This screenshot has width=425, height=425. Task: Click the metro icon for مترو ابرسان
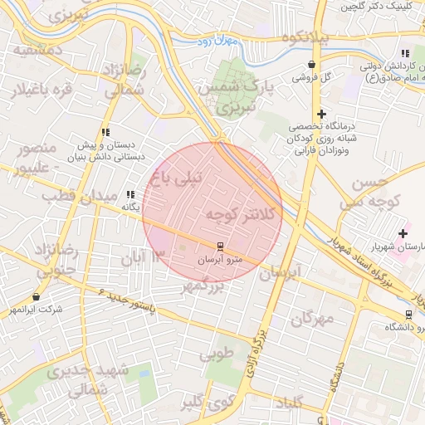click(220, 247)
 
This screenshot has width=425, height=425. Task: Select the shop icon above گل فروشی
click(311, 65)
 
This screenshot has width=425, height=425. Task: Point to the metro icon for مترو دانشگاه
click(408, 315)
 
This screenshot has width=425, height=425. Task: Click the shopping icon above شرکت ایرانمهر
click(36, 296)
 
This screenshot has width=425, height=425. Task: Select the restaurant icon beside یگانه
click(129, 195)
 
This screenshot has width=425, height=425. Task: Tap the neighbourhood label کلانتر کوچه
click(232, 216)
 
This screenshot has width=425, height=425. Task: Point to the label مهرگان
click(313, 318)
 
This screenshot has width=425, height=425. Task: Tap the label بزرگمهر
click(203, 287)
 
